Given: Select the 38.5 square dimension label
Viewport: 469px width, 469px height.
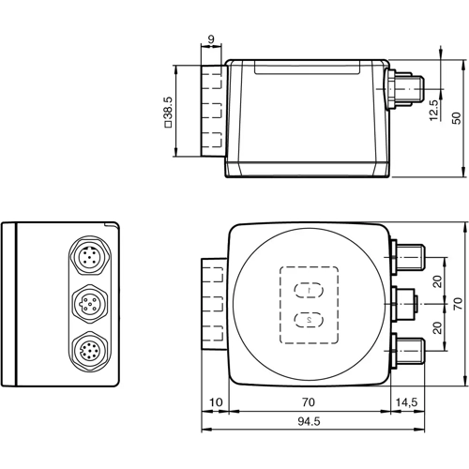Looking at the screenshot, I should (168, 113).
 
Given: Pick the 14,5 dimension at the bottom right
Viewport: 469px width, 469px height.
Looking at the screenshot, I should (406, 401).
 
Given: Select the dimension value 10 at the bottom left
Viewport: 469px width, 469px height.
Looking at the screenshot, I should (216, 401).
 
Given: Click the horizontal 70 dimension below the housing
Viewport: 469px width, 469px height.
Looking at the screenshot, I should (310, 401).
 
